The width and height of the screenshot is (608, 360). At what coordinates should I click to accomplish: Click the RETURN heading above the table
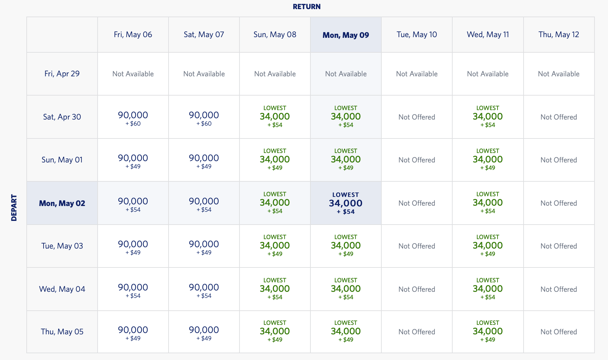click(x=306, y=7)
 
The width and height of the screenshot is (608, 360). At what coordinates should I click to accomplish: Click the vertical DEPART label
click(x=14, y=207)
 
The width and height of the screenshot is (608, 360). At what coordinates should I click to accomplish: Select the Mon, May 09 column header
click(x=346, y=35)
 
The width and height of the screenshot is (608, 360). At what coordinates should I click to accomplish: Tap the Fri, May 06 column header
click(x=133, y=34)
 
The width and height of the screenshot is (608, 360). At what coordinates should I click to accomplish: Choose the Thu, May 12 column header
click(x=559, y=34)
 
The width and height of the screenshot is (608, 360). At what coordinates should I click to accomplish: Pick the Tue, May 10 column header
click(x=416, y=34)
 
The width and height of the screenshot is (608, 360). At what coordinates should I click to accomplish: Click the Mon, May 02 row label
click(x=62, y=203)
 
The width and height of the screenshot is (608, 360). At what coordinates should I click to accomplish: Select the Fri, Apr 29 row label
click(x=62, y=74)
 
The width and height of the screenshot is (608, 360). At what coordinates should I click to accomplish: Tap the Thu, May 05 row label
click(x=62, y=332)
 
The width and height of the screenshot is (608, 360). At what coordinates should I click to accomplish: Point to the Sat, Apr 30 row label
click(x=62, y=117)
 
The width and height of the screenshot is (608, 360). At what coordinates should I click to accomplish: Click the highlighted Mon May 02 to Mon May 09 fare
click(x=346, y=203)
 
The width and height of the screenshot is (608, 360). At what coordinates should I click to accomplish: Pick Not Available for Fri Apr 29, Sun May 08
click(x=275, y=74)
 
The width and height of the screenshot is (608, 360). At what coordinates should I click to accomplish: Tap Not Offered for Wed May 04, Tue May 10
click(x=416, y=289)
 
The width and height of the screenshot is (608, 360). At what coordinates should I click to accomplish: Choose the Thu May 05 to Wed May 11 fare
click(x=487, y=332)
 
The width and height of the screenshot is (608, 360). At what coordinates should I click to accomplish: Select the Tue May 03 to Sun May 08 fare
click(x=275, y=246)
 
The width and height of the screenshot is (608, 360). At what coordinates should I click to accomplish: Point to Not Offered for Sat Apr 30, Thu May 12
click(x=559, y=117)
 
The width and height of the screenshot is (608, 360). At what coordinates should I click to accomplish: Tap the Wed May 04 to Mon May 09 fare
click(x=346, y=289)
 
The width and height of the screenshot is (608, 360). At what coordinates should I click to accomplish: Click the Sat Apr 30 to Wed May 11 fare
click(x=487, y=117)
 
